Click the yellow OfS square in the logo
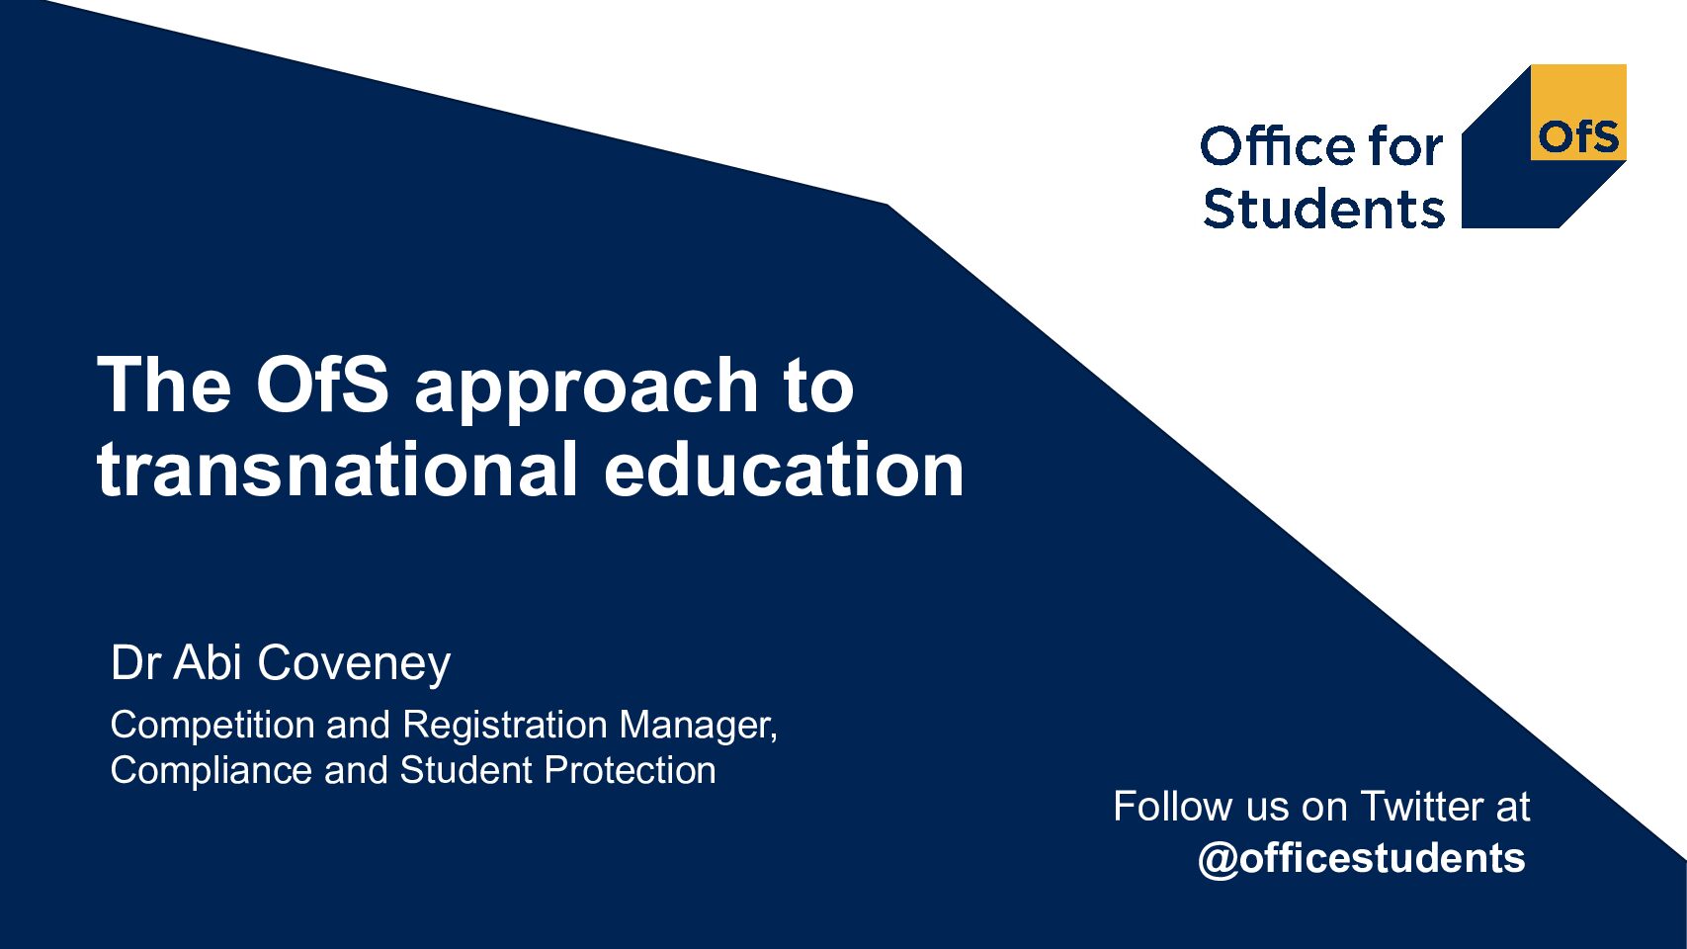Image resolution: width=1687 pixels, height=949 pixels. tap(1578, 113)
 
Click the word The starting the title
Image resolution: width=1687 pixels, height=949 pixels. tap(164, 385)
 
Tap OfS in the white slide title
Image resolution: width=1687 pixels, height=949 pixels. tap(322, 385)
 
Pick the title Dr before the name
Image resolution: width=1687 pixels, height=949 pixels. tap(135, 662)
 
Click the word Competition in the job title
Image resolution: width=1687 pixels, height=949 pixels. tap(212, 726)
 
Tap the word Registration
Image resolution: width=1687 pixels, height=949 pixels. tap(505, 726)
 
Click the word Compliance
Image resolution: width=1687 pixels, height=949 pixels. tap(211, 771)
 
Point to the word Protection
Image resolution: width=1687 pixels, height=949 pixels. tap(630, 770)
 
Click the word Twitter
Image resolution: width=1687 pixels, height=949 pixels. tap(1422, 806)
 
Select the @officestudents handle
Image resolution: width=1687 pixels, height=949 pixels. tap(1362, 859)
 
